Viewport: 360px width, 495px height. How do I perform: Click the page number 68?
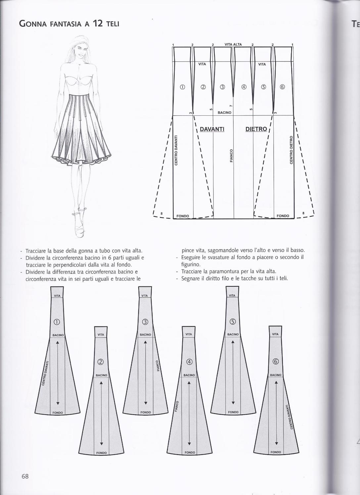click(x=25, y=476)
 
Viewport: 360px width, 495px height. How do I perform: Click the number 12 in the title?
click(x=98, y=23)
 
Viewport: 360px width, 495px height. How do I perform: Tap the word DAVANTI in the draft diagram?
click(x=212, y=129)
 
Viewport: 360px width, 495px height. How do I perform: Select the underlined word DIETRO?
click(x=256, y=129)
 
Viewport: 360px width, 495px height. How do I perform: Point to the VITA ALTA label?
click(x=233, y=44)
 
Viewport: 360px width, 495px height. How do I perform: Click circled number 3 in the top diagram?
click(x=222, y=87)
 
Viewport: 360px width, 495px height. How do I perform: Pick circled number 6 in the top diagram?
click(x=282, y=87)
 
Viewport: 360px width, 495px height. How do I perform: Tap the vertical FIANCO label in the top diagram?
click(x=232, y=155)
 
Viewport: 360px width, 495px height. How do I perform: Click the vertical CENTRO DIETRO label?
click(x=292, y=150)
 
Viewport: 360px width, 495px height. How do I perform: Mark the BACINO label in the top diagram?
click(x=224, y=113)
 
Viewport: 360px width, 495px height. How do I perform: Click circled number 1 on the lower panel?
click(x=57, y=322)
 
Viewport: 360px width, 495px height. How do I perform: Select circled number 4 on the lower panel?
click(x=189, y=362)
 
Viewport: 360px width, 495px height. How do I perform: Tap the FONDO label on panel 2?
click(x=102, y=453)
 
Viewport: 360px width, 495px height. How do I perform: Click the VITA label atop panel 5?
click(x=232, y=296)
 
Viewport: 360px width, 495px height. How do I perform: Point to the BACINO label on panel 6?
click(x=276, y=375)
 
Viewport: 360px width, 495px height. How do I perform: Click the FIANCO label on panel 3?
click(x=158, y=365)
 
